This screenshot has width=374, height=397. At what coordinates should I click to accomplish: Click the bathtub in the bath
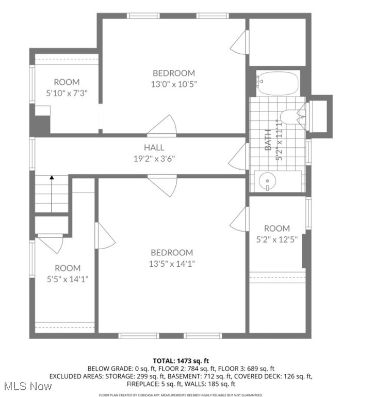(x=278, y=84)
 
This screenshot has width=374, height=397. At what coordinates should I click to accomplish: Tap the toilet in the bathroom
(x=292, y=117)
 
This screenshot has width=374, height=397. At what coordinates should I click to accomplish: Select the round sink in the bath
(x=268, y=181)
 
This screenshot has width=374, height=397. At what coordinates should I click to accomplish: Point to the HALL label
(x=154, y=148)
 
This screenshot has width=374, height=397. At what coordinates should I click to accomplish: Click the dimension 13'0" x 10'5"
(x=173, y=83)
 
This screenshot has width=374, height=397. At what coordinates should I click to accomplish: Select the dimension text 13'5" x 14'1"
(x=172, y=263)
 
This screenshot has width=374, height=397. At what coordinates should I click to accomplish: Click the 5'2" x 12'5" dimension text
(x=277, y=239)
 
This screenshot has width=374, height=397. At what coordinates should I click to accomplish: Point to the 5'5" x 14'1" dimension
(x=68, y=279)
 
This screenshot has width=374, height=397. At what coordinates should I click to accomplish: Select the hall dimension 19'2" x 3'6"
(x=154, y=159)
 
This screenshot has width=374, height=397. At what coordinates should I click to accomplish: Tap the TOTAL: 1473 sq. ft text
(x=181, y=360)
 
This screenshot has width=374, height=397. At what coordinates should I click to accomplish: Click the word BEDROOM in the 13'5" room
(x=172, y=252)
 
